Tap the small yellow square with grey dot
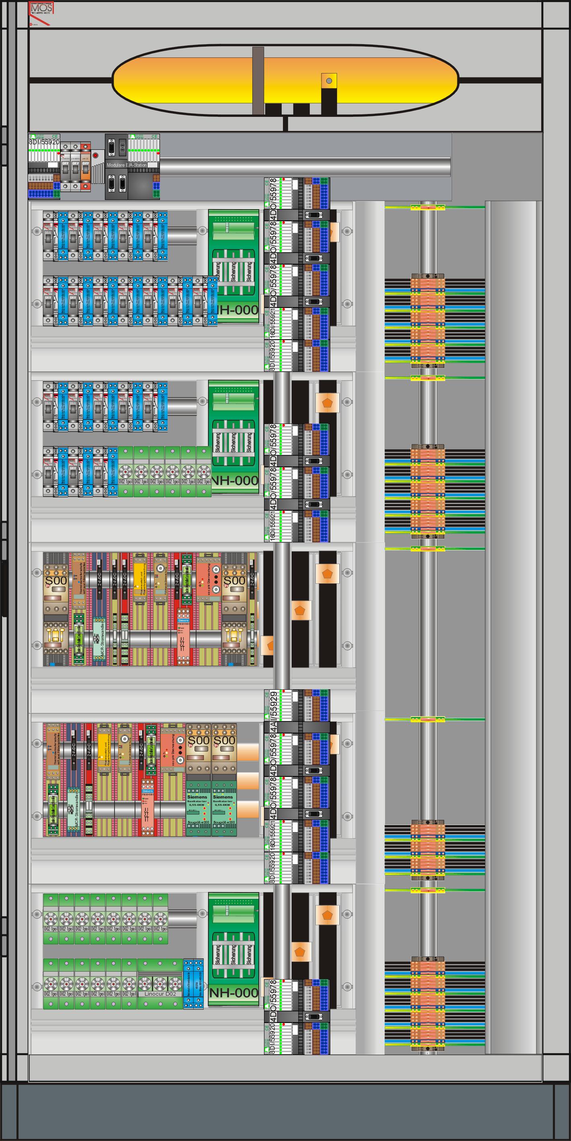(329, 81)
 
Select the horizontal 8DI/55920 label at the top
(44, 142)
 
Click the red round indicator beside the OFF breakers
(95, 155)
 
